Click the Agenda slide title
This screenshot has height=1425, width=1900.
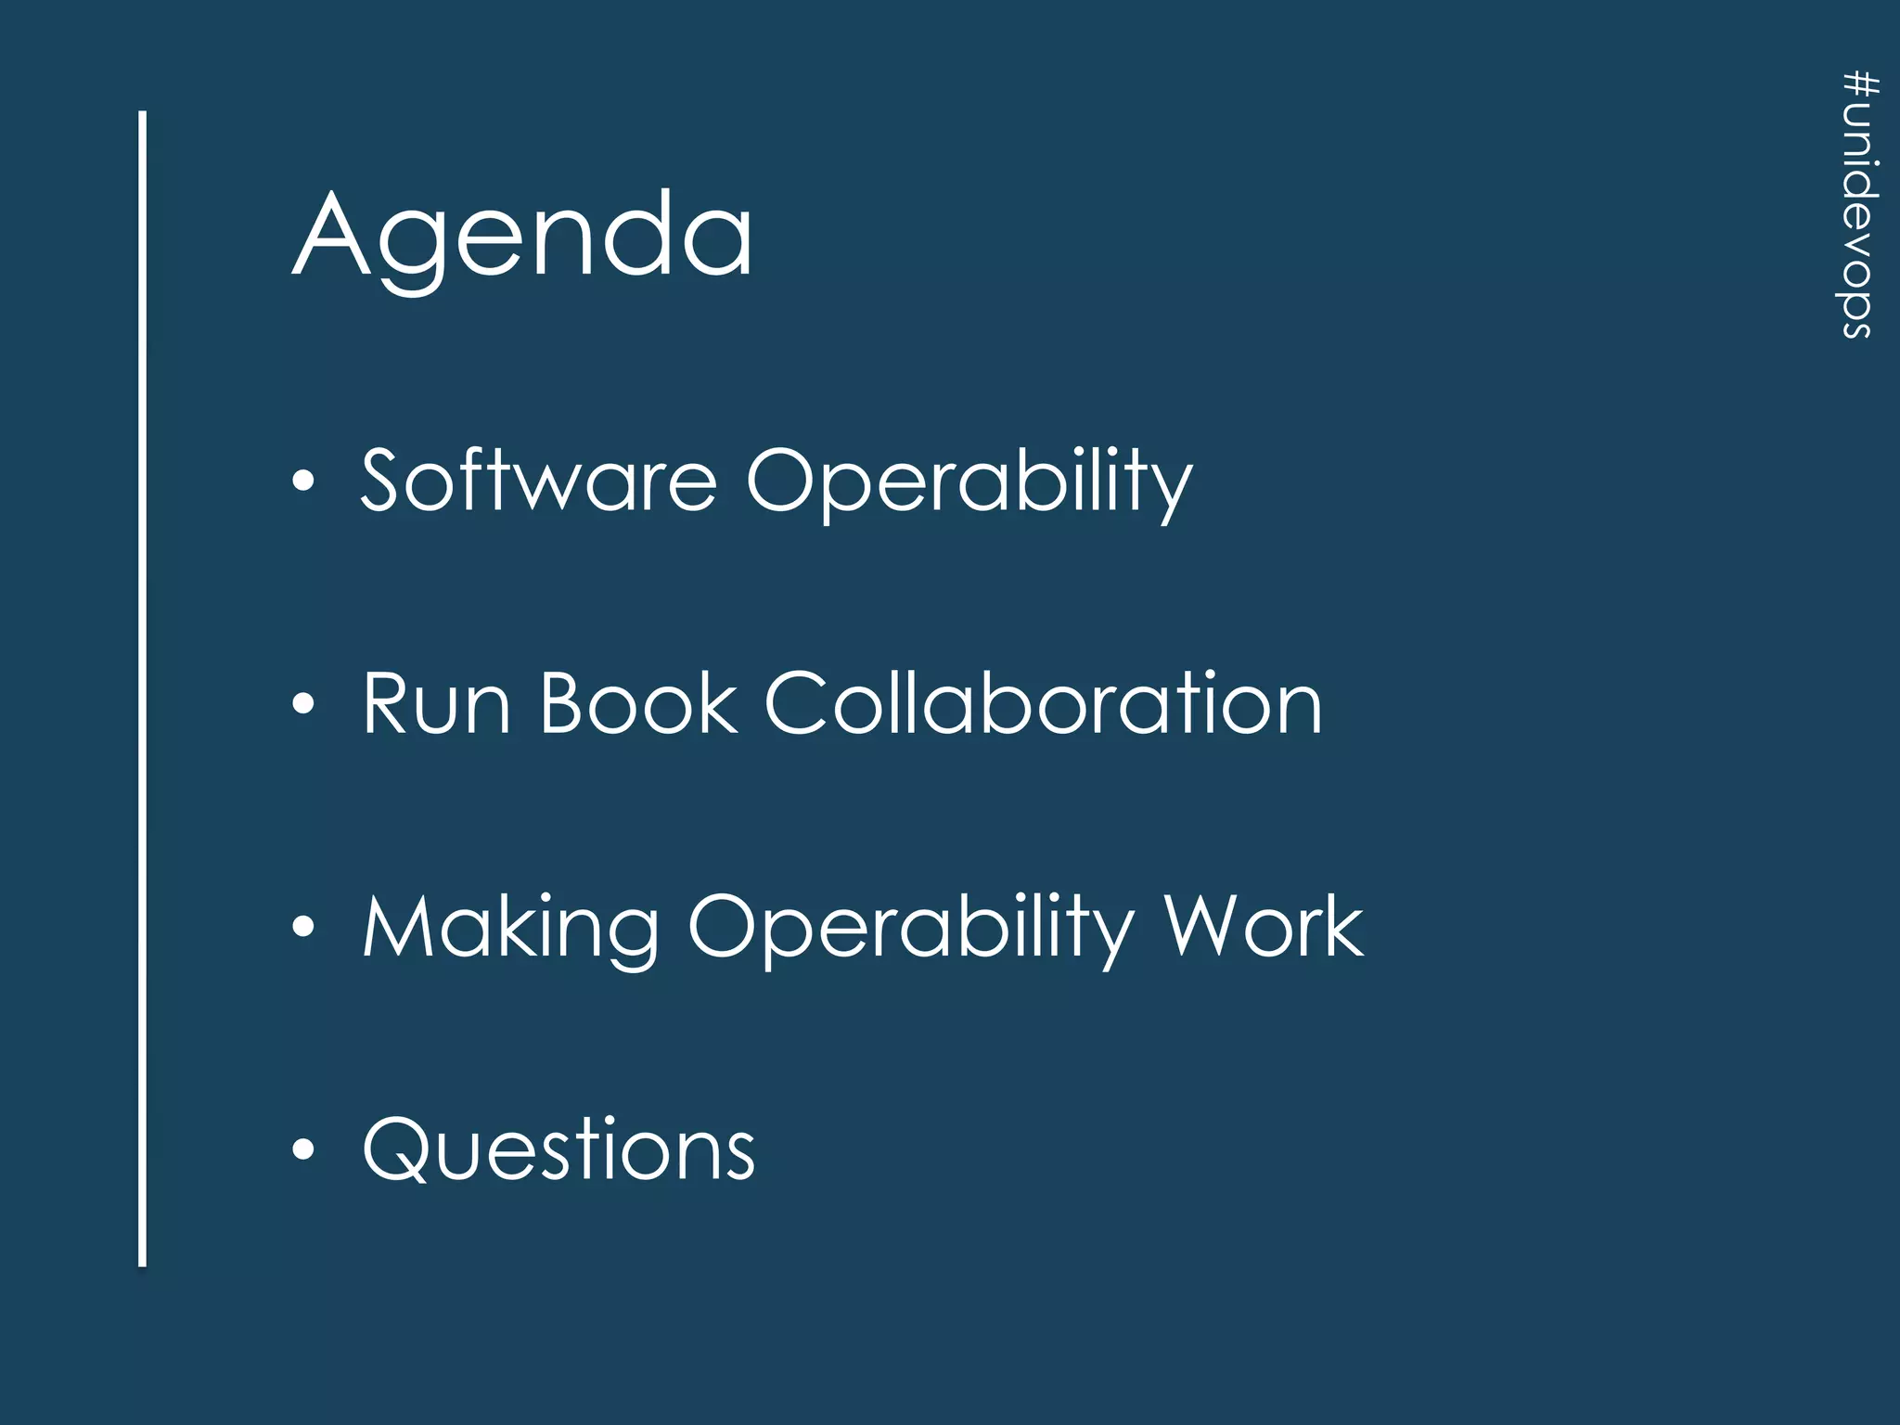point(522,237)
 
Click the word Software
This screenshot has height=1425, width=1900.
point(538,481)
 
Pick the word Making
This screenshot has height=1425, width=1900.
point(510,928)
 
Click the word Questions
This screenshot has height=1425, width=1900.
point(558,1150)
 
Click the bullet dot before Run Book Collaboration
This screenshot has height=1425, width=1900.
point(303,704)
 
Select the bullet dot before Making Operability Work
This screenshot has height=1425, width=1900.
point(303,927)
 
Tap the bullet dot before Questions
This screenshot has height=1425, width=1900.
point(303,1149)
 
